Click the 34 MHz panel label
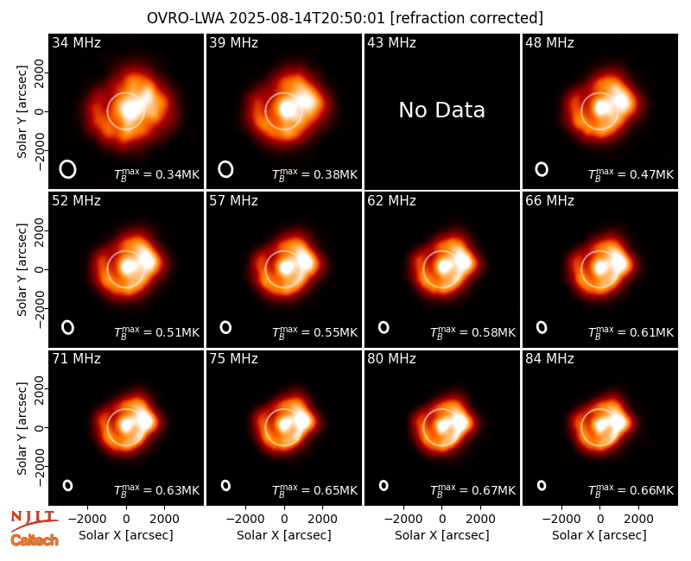point(76,42)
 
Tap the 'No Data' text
point(441,110)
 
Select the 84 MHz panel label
point(549,359)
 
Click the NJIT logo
point(35,520)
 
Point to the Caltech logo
point(35,540)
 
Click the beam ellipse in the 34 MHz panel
point(67,169)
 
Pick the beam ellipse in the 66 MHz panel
point(542,327)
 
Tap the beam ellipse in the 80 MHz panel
point(384,485)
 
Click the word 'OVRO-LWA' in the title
point(186,18)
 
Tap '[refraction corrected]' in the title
point(466,18)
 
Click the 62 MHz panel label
point(392,201)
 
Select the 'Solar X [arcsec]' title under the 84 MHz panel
point(599,535)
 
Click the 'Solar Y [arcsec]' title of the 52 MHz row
point(22,269)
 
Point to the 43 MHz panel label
point(392,42)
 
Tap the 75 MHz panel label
point(233,359)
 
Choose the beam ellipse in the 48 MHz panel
point(542,169)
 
